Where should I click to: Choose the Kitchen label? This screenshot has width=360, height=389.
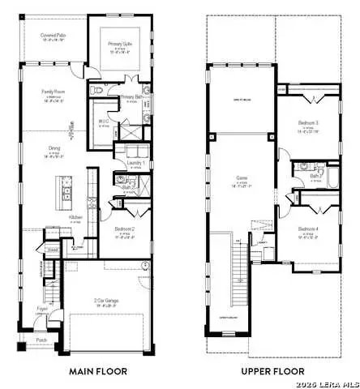(75, 218)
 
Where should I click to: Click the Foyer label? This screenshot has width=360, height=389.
(41, 309)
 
